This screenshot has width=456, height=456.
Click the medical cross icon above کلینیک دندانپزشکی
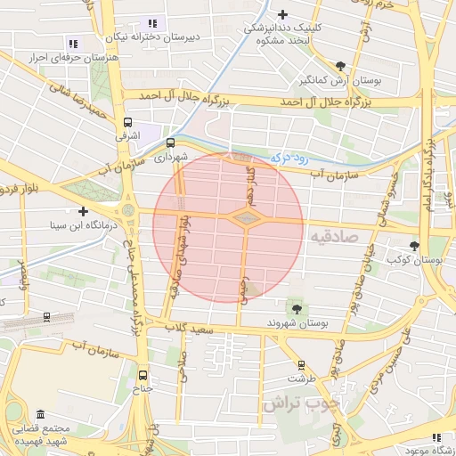(283, 14)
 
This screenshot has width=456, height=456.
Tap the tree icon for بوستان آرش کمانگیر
(341, 65)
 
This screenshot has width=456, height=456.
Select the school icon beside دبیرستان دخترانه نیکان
(152, 23)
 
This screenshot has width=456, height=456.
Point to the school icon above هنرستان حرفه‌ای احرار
(73, 43)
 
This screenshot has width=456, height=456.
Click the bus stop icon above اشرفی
(127, 123)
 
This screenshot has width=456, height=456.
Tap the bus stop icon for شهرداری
(170, 142)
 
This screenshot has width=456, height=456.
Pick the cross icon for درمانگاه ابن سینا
(83, 211)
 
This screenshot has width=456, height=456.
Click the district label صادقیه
(335, 237)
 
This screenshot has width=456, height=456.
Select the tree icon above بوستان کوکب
(414, 245)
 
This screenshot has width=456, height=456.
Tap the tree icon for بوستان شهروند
(296, 308)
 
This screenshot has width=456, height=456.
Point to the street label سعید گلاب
(187, 330)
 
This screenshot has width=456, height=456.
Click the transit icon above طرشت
(301, 364)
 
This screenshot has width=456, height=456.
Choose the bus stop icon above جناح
(144, 375)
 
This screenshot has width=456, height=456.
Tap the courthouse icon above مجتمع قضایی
(41, 414)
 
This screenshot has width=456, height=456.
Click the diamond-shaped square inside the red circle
(244, 216)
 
